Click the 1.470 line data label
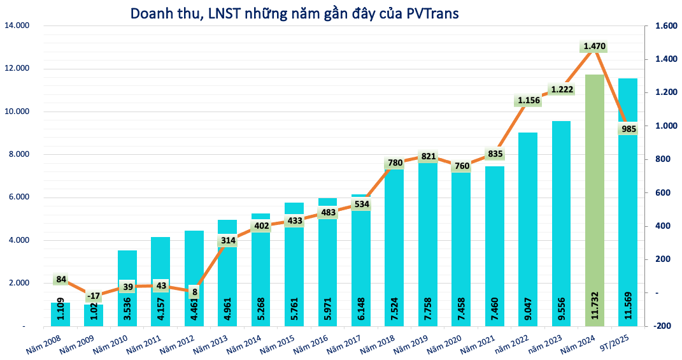594,47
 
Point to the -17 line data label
94,296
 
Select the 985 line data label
628,129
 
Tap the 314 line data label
227,240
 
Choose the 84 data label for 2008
60,279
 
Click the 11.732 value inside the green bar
595,306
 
